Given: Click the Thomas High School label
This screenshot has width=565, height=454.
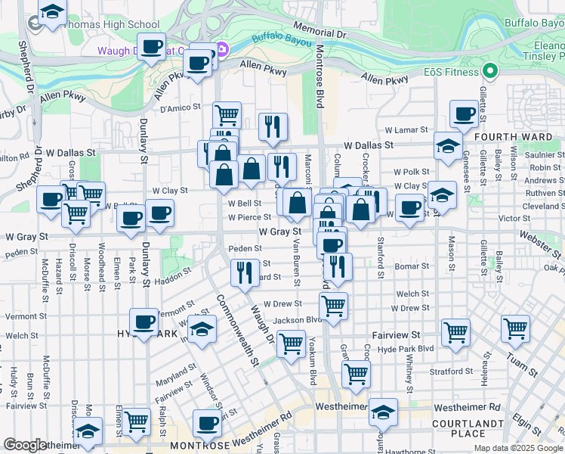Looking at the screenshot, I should (113, 24).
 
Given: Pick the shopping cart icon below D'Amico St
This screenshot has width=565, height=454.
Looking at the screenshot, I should (226, 115).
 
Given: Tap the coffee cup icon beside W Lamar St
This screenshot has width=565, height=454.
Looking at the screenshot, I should (464, 114).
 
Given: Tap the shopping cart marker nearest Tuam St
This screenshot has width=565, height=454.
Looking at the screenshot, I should (514, 329).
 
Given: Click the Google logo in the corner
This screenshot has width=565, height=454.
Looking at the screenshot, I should (26, 445).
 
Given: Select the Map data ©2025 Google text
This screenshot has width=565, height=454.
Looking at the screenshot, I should (517, 448).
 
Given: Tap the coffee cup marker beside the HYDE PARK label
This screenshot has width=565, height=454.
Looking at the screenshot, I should (144, 322).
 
